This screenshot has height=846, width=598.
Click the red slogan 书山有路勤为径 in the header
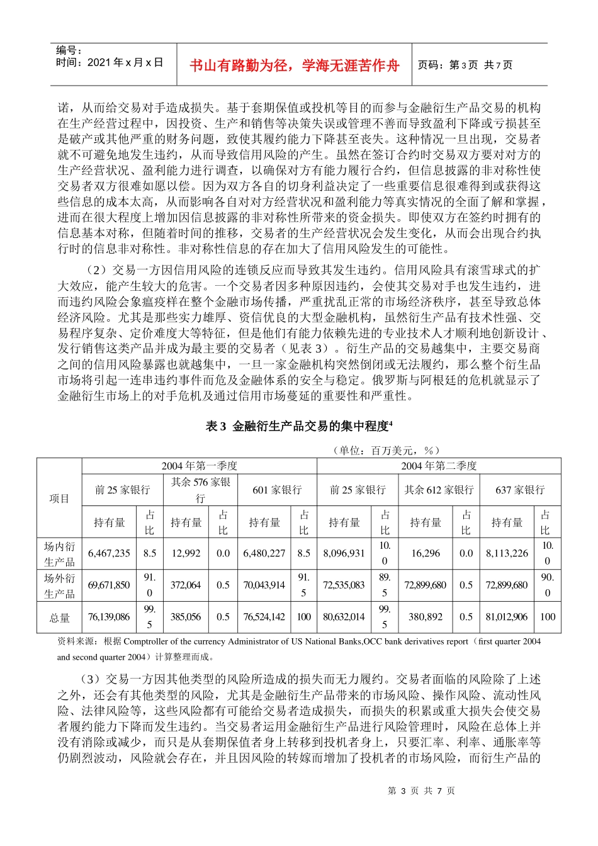click(x=295, y=65)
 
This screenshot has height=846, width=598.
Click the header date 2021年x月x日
click(x=110, y=62)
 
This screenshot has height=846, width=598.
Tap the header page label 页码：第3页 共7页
click(x=465, y=65)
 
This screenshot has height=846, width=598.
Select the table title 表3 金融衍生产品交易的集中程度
click(x=299, y=426)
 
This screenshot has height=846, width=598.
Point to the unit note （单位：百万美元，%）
click(x=385, y=450)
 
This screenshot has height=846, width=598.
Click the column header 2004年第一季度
click(x=199, y=466)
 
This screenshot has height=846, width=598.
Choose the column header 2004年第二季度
click(x=439, y=466)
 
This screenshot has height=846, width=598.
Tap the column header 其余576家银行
click(x=200, y=490)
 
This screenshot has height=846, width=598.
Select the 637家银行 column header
click(x=520, y=490)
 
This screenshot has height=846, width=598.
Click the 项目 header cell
click(x=59, y=499)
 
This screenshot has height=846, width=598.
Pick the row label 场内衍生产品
click(x=59, y=554)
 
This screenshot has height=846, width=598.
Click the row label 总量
click(x=59, y=618)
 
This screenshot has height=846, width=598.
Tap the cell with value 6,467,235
click(x=109, y=553)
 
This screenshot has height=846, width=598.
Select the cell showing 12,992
click(x=186, y=553)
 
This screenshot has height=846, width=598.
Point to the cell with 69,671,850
click(x=109, y=585)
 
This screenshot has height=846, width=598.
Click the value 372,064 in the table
click(x=186, y=585)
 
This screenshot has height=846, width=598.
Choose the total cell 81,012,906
click(x=507, y=617)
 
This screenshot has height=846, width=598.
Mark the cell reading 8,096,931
click(x=344, y=553)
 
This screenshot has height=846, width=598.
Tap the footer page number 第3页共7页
click(x=421, y=791)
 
